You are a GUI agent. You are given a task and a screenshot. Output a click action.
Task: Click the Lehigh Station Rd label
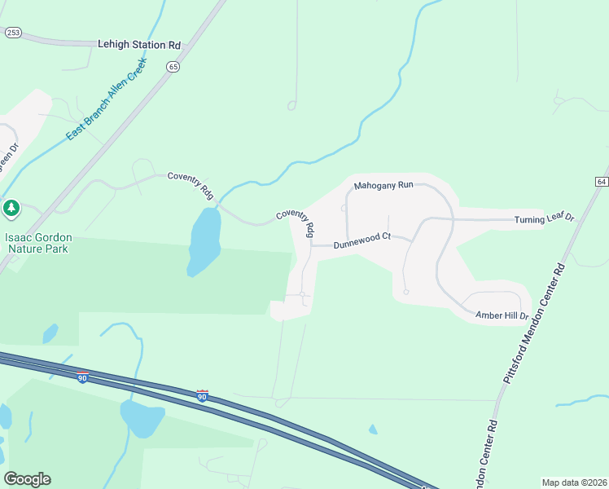(138, 46)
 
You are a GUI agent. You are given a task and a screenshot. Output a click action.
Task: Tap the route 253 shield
(12, 33)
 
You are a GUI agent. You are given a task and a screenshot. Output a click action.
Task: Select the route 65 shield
(173, 68)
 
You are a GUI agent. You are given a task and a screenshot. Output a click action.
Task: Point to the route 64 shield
(601, 181)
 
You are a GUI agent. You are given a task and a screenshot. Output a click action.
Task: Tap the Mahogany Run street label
(383, 186)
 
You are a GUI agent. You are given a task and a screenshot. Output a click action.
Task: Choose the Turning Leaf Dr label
(544, 219)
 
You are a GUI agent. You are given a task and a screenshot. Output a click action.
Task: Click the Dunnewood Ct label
(362, 237)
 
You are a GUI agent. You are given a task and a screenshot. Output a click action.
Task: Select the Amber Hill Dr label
(502, 315)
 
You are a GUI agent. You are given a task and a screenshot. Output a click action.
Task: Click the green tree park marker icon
(11, 209)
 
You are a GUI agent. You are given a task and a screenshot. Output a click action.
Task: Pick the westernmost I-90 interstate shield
(83, 377)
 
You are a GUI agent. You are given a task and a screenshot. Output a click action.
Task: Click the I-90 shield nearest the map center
(202, 395)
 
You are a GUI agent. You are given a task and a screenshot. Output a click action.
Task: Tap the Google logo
(27, 479)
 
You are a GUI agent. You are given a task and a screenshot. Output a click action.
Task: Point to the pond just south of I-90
(142, 418)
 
